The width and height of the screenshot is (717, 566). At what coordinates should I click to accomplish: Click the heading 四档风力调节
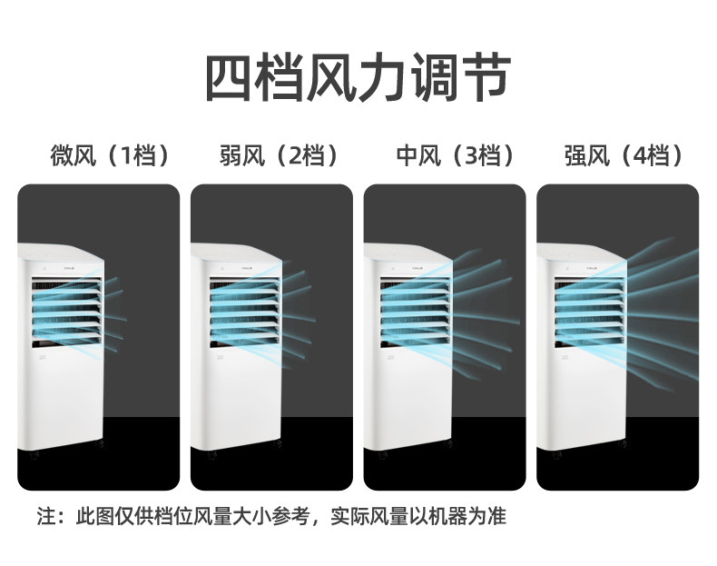click(358, 77)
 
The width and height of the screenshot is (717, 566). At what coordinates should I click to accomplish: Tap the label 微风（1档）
click(112, 155)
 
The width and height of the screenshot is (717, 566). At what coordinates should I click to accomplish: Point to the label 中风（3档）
click(455, 155)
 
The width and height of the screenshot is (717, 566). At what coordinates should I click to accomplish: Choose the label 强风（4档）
click(624, 155)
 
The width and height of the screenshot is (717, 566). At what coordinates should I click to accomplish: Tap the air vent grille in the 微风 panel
click(65, 313)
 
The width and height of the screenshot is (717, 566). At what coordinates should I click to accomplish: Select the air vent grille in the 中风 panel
click(412, 313)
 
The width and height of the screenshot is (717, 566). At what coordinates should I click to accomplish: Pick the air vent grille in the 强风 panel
click(585, 313)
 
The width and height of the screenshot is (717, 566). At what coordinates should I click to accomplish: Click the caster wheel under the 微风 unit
click(34, 455)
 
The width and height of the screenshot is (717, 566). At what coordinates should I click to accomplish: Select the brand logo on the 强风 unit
click(594, 269)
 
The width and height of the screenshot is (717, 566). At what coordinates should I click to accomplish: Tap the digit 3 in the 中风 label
click(470, 156)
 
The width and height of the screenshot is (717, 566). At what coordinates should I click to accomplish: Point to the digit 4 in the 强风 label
click(641, 156)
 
